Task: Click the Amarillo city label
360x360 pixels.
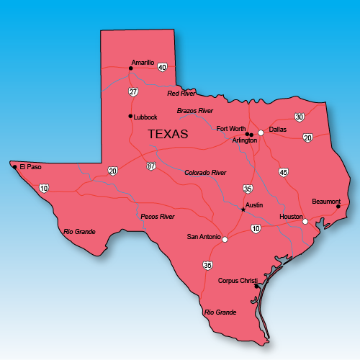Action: click(x=143, y=63)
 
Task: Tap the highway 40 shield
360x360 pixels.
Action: click(x=162, y=67)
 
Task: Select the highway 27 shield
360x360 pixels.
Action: click(x=133, y=91)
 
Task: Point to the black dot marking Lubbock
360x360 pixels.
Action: click(x=130, y=116)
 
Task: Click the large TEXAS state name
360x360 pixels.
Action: click(x=168, y=134)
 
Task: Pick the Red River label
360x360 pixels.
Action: click(x=181, y=94)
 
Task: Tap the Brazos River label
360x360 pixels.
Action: click(x=195, y=111)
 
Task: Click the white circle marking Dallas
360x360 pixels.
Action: click(x=261, y=132)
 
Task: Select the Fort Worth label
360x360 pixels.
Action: click(x=230, y=129)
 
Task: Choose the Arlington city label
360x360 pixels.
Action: click(x=245, y=140)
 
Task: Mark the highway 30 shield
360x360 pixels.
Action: click(x=300, y=117)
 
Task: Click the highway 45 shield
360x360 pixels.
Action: click(x=283, y=172)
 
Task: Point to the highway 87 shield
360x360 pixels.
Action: click(x=150, y=166)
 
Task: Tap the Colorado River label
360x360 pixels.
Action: click(x=205, y=173)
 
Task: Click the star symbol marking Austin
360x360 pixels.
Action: click(x=243, y=210)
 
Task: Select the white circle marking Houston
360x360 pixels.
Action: click(x=305, y=221)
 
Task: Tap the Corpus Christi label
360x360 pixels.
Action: click(x=238, y=281)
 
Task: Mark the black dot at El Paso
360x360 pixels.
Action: click(x=14, y=167)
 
